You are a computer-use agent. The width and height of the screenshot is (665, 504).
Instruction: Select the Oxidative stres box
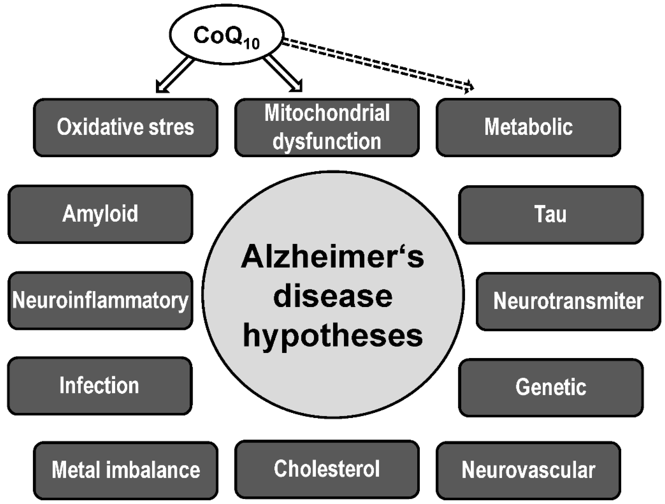(126, 127)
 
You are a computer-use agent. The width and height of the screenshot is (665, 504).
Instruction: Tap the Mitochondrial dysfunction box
(327, 127)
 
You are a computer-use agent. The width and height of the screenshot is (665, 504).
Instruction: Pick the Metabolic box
(528, 127)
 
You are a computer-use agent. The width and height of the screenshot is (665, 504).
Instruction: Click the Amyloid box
(100, 214)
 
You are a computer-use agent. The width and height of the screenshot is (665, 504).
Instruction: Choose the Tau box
(551, 214)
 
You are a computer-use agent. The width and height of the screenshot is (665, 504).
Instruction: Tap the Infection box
(100, 386)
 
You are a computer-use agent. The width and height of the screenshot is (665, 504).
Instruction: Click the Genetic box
(551, 387)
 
